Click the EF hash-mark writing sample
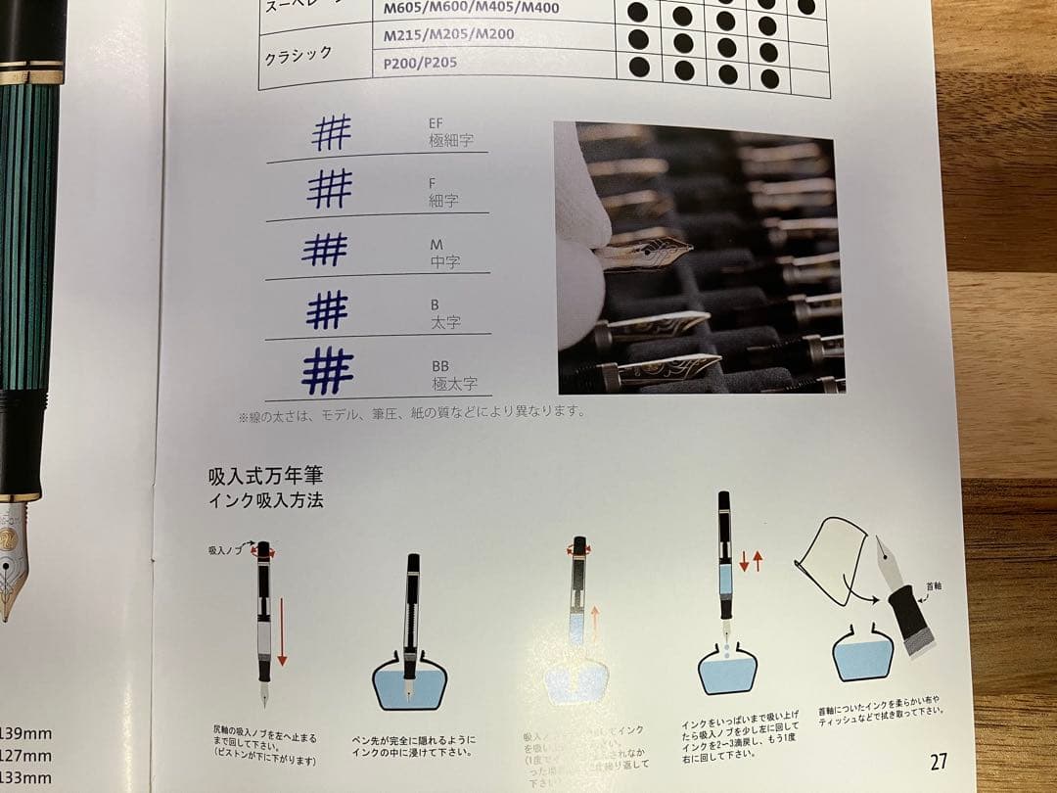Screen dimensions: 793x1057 coord(332,132)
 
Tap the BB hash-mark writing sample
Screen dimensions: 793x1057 coord(327,371)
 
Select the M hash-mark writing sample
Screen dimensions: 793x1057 coord(325,250)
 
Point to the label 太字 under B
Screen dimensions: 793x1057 coord(445,321)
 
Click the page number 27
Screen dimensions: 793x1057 coord(938,761)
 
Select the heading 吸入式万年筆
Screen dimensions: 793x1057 coord(265,476)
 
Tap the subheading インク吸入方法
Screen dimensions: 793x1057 coord(265,500)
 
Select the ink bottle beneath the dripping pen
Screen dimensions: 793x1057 coord(727,669)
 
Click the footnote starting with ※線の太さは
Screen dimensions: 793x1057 coord(411,412)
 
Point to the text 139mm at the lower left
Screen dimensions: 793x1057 coord(24,733)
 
